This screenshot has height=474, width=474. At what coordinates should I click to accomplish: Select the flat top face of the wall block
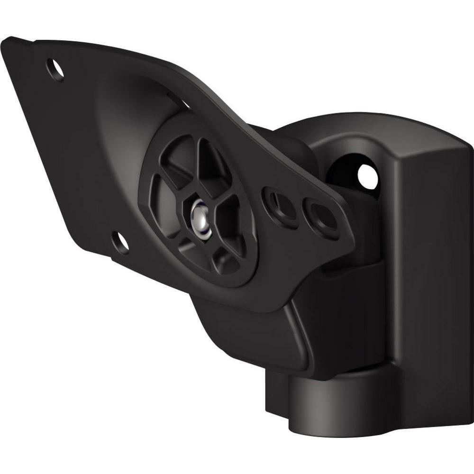[x=427, y=137]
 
